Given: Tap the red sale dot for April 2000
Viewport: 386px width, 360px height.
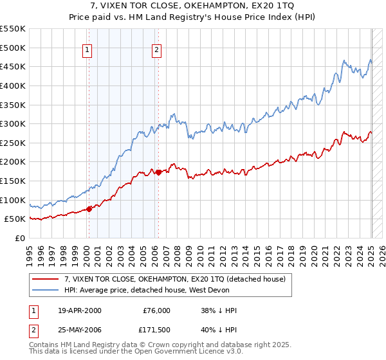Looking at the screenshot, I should pos(89,208).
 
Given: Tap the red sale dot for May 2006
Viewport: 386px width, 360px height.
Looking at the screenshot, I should pos(159,172).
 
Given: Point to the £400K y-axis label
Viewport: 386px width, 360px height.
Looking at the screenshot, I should pos(13,85).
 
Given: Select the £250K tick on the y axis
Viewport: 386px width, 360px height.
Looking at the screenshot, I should pos(13,143).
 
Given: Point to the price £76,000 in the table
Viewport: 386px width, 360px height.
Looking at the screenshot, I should pos(155,310).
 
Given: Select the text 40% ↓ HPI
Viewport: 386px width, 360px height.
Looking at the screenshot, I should pos(218,330).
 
